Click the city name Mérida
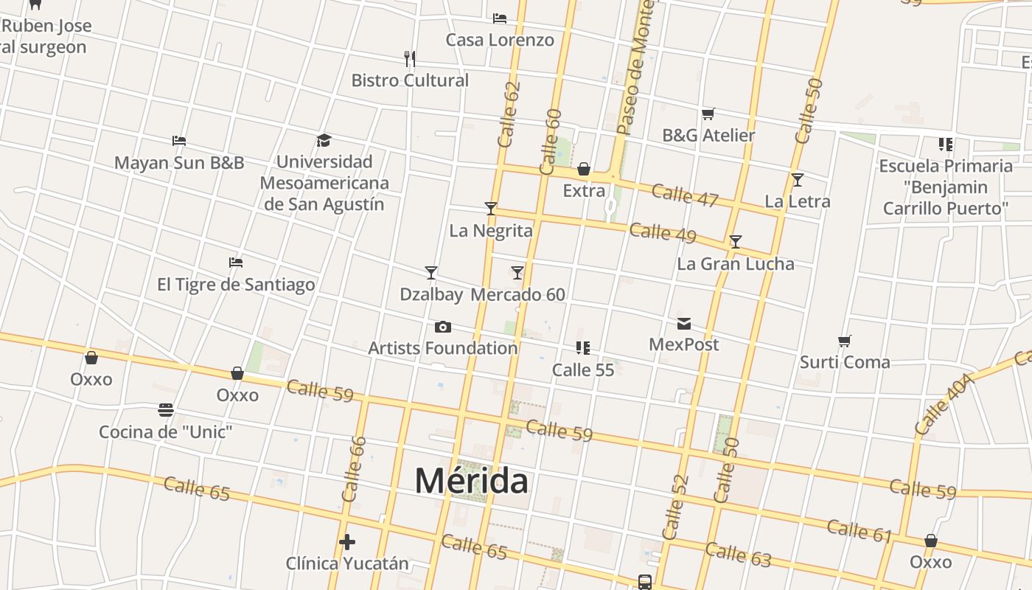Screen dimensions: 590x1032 click(471, 481)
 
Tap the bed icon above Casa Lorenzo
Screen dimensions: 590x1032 click(500, 18)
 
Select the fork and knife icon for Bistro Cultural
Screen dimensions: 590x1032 click(410, 58)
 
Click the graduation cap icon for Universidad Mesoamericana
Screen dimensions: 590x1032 click(324, 140)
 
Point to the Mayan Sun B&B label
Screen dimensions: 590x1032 click(179, 162)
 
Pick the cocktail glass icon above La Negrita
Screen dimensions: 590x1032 click(491, 209)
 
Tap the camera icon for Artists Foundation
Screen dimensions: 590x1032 click(442, 327)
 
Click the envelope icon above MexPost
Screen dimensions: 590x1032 click(684, 323)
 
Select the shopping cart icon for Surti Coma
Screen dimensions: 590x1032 click(845, 341)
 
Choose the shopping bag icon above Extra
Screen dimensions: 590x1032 click(584, 169)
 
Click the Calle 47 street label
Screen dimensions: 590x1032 click(685, 195)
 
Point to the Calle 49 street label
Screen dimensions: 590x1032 click(663, 232)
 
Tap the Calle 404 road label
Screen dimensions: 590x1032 click(944, 404)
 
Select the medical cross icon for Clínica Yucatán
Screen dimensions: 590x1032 click(347, 542)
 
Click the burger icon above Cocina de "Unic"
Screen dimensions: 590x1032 click(166, 410)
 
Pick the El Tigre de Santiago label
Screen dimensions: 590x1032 click(236, 284)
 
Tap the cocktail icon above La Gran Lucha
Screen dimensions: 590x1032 click(736, 242)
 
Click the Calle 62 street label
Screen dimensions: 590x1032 click(509, 114)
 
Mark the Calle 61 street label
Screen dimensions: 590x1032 click(860, 530)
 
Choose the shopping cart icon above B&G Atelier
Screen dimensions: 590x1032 click(708, 114)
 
